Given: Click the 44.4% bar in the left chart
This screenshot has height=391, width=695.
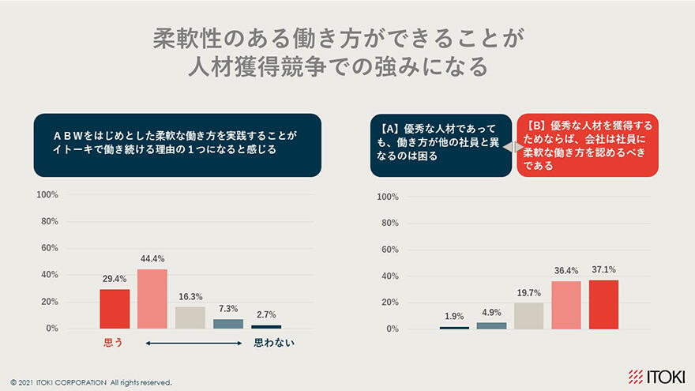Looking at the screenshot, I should tap(152, 299).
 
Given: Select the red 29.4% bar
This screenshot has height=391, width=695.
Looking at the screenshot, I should tap(115, 309).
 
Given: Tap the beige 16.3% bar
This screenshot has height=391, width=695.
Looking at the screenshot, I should tap(190, 317).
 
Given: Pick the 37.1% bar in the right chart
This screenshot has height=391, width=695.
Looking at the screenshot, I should tap(603, 304).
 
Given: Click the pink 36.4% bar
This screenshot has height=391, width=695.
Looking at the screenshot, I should tap(566, 305).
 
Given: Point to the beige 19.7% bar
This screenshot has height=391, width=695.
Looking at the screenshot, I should tap(528, 316).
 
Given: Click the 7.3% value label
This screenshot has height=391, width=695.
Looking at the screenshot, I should tap(228, 309).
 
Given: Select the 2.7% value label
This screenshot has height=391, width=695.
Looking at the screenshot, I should tap(266, 315).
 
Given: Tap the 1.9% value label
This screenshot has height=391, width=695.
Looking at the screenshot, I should tap(454, 317).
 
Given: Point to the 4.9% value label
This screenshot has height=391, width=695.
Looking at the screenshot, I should tap(491, 313).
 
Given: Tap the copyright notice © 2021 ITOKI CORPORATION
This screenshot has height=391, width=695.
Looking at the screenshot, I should tap(90, 382).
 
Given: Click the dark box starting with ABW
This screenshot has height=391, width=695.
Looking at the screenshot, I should tap(177, 145).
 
